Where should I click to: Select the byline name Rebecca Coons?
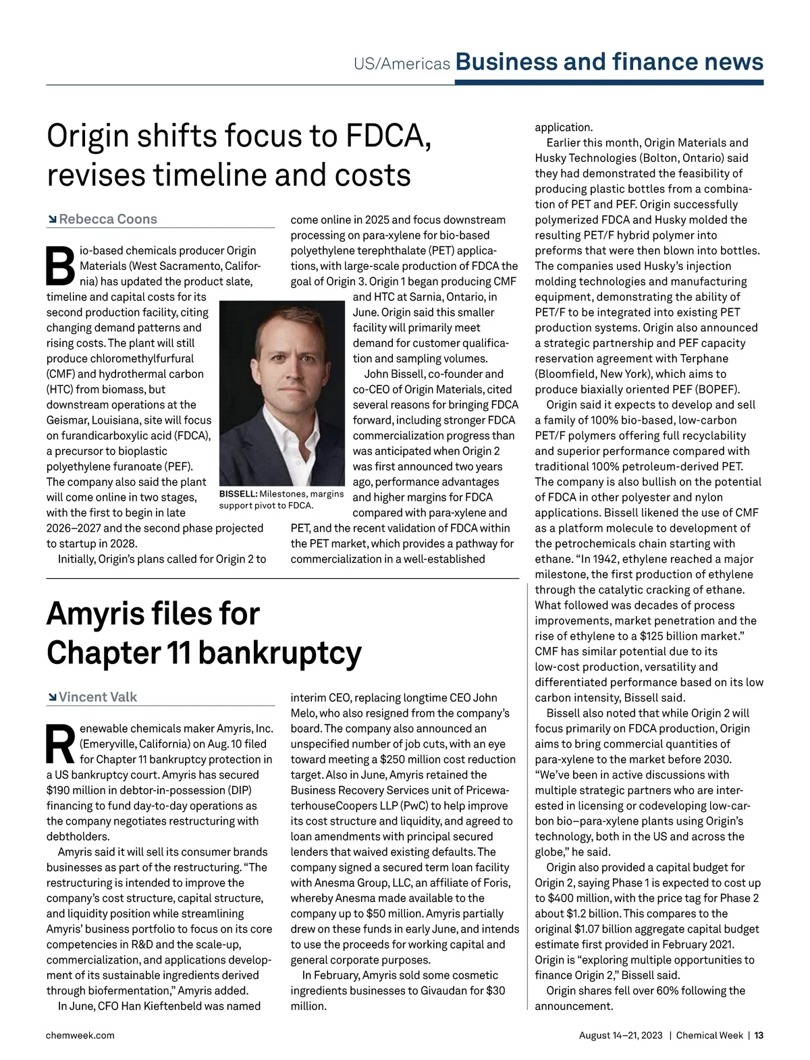(108, 219)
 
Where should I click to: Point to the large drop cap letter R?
(60, 744)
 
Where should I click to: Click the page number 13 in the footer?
(759, 1035)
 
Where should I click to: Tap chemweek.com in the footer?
(80, 1035)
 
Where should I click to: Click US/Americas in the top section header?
(402, 63)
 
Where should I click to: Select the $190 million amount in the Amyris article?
(77, 790)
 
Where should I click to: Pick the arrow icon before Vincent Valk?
(51, 698)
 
